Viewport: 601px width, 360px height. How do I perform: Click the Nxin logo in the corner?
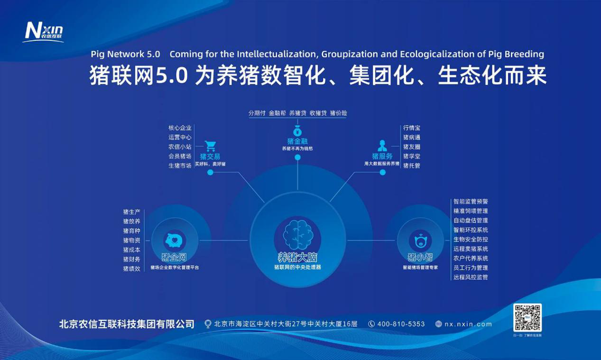click(x=44, y=31)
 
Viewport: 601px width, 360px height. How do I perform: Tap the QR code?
click(x=527, y=318)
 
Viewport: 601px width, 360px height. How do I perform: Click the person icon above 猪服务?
click(x=382, y=146)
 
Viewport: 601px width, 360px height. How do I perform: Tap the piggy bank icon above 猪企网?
click(x=174, y=241)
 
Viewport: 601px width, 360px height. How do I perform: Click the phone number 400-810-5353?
click(x=401, y=324)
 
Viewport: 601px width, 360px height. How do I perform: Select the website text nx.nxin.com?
click(x=468, y=324)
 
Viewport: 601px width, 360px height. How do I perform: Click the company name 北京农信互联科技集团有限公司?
click(x=127, y=324)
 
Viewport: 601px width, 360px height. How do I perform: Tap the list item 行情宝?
click(x=412, y=128)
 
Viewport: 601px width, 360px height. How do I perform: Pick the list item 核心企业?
click(x=180, y=128)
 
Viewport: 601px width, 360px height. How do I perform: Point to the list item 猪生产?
click(x=131, y=212)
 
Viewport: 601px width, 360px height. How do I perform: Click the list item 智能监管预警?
click(x=471, y=202)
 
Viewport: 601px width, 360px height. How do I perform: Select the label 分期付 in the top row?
click(x=257, y=113)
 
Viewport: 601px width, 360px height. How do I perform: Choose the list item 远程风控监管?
click(x=471, y=277)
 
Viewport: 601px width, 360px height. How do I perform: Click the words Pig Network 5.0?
click(x=125, y=54)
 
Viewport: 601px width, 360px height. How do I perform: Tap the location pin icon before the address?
click(x=207, y=324)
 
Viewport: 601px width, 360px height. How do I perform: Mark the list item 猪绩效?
click(x=131, y=268)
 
